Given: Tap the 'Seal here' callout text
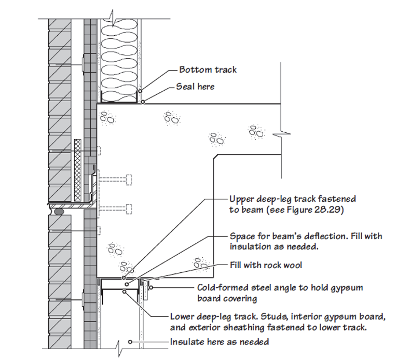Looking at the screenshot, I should click(195, 86).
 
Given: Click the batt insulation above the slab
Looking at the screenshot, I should click(118, 57).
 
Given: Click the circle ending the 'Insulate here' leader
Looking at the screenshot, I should click(130, 342).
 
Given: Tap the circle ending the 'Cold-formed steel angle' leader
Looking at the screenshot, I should click(150, 285).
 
